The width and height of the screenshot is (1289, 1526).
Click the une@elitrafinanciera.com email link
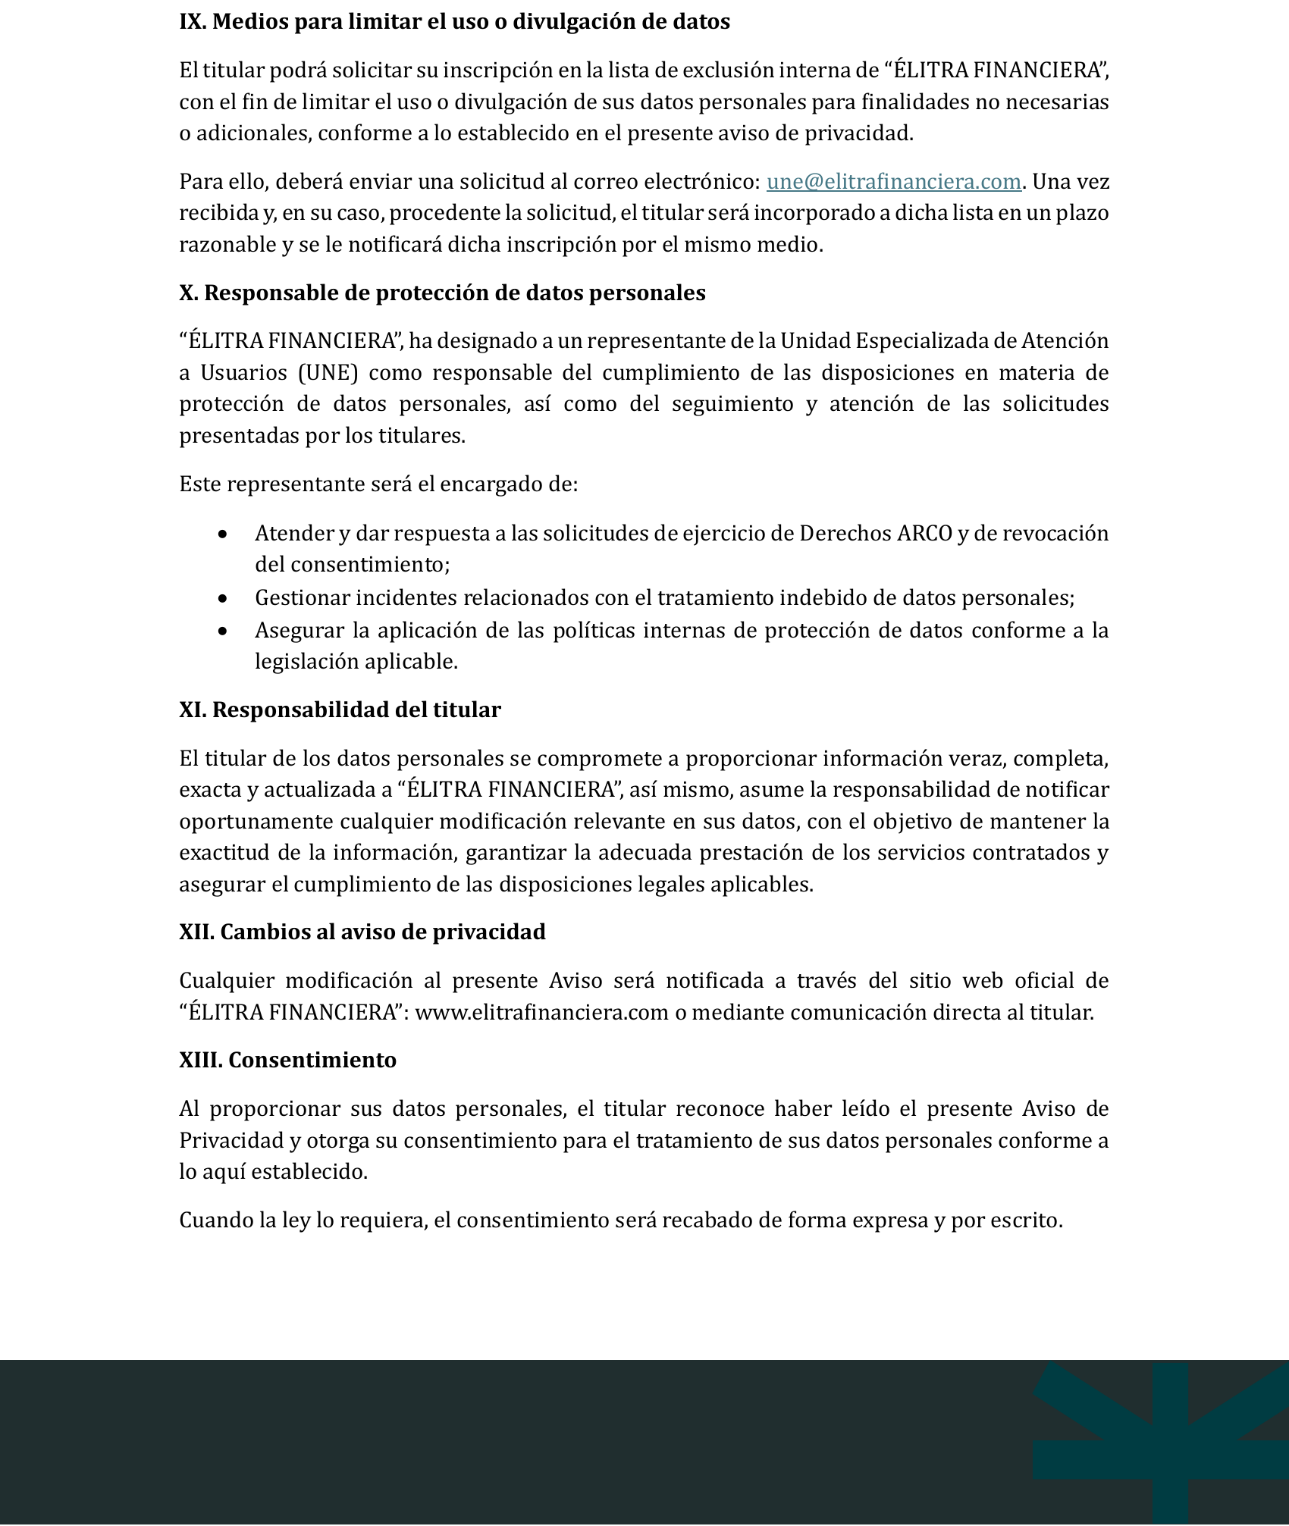893,182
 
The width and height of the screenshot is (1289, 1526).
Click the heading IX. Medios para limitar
454,22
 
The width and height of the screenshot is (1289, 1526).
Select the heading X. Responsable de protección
442,293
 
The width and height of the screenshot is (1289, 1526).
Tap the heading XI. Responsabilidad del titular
340,710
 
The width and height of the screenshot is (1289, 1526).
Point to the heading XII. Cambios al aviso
362,932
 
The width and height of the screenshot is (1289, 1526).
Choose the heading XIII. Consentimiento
287,1060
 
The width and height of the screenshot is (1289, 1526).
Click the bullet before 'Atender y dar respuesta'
222,534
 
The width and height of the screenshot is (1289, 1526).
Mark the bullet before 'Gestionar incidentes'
222,599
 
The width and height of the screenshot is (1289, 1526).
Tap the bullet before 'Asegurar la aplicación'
222,631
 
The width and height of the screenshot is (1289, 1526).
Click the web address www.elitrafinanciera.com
541,1013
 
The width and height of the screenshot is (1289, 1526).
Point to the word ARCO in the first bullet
924,534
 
